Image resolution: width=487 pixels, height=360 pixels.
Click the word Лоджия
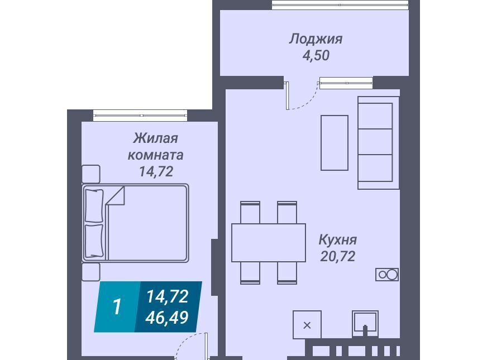[x=316, y=39]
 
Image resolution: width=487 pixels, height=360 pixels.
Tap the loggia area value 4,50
[x=316, y=56]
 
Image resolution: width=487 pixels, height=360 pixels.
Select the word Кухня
[x=338, y=239]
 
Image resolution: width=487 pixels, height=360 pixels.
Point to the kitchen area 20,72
[x=338, y=256]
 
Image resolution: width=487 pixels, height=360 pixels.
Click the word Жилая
[x=155, y=138]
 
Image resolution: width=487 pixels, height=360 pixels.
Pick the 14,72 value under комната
[x=156, y=171]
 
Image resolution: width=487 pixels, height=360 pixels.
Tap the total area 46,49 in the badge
[x=167, y=318]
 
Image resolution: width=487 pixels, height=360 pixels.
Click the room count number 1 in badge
[x=117, y=306]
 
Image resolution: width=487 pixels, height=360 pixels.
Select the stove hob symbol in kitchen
[x=387, y=275]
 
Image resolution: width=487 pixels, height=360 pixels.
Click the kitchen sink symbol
[x=365, y=324]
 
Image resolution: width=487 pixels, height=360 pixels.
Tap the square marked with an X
[x=307, y=325]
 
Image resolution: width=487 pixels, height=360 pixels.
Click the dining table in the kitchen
[x=269, y=242]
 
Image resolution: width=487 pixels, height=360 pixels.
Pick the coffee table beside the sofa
[x=335, y=143]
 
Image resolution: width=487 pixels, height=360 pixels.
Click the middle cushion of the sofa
[x=375, y=142]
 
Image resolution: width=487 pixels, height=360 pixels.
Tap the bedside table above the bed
[x=91, y=174]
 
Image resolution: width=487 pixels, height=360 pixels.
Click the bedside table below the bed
[x=91, y=272]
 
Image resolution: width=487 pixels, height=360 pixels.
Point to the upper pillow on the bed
[x=94, y=205]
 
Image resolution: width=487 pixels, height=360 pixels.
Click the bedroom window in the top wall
[x=140, y=116]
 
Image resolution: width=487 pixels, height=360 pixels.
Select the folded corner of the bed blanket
[x=116, y=195]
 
